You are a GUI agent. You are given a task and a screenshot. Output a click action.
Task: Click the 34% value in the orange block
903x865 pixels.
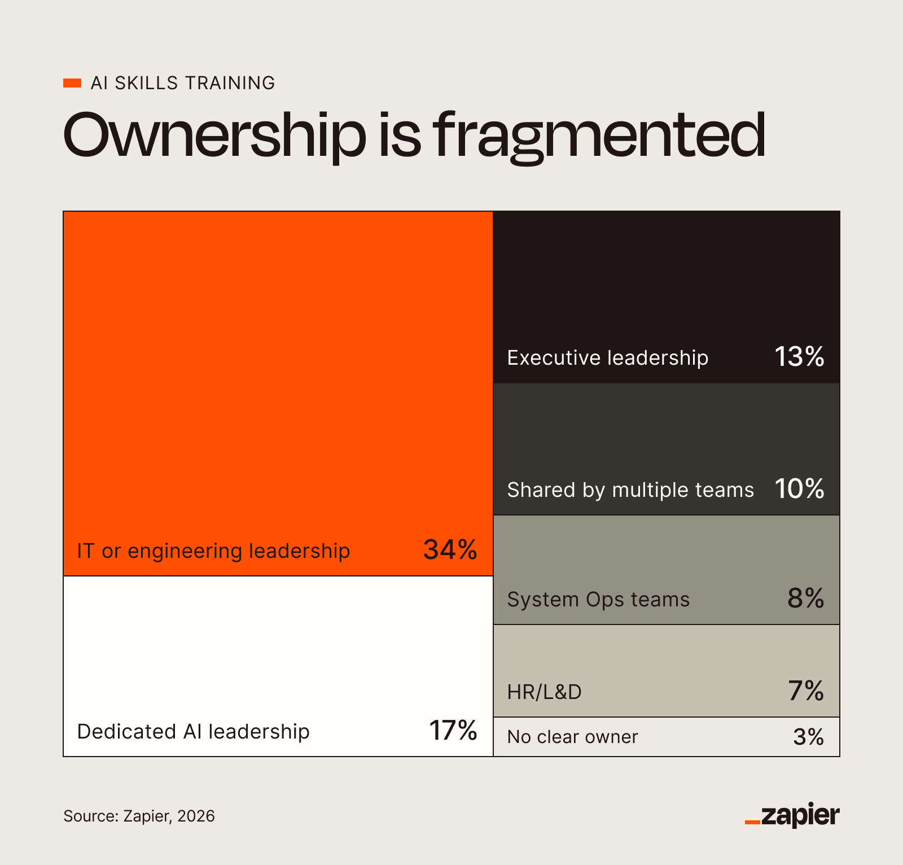point(450,549)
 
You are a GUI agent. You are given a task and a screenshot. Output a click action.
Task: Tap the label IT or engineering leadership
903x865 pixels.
point(213,551)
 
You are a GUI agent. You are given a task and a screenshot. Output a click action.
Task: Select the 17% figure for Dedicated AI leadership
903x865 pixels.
point(453,731)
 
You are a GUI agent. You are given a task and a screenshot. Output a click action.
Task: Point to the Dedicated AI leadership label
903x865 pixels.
point(193,732)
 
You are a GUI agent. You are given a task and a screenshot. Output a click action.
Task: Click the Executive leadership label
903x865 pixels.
point(607,358)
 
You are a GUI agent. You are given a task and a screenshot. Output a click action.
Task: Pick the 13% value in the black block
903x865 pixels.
point(799,357)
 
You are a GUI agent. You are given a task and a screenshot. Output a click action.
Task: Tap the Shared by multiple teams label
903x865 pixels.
point(630,490)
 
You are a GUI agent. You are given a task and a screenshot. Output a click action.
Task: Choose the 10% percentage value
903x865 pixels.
point(799,489)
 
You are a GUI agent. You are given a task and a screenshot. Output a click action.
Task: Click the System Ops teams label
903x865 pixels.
point(598,600)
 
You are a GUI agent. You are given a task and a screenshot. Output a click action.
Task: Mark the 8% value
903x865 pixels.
point(805,598)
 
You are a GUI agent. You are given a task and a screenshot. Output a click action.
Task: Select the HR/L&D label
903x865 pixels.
point(544,692)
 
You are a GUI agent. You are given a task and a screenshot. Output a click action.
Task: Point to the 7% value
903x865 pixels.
point(806,691)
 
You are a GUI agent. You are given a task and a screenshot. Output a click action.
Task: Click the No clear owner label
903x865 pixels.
point(572,737)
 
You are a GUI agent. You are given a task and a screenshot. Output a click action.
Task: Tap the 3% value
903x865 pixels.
point(808,737)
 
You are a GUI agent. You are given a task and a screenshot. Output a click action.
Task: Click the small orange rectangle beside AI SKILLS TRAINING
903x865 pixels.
point(72,83)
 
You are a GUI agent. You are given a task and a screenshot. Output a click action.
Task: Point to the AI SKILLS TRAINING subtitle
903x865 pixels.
point(183,83)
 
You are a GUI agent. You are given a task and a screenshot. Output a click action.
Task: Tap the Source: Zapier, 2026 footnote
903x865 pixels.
point(139,816)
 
